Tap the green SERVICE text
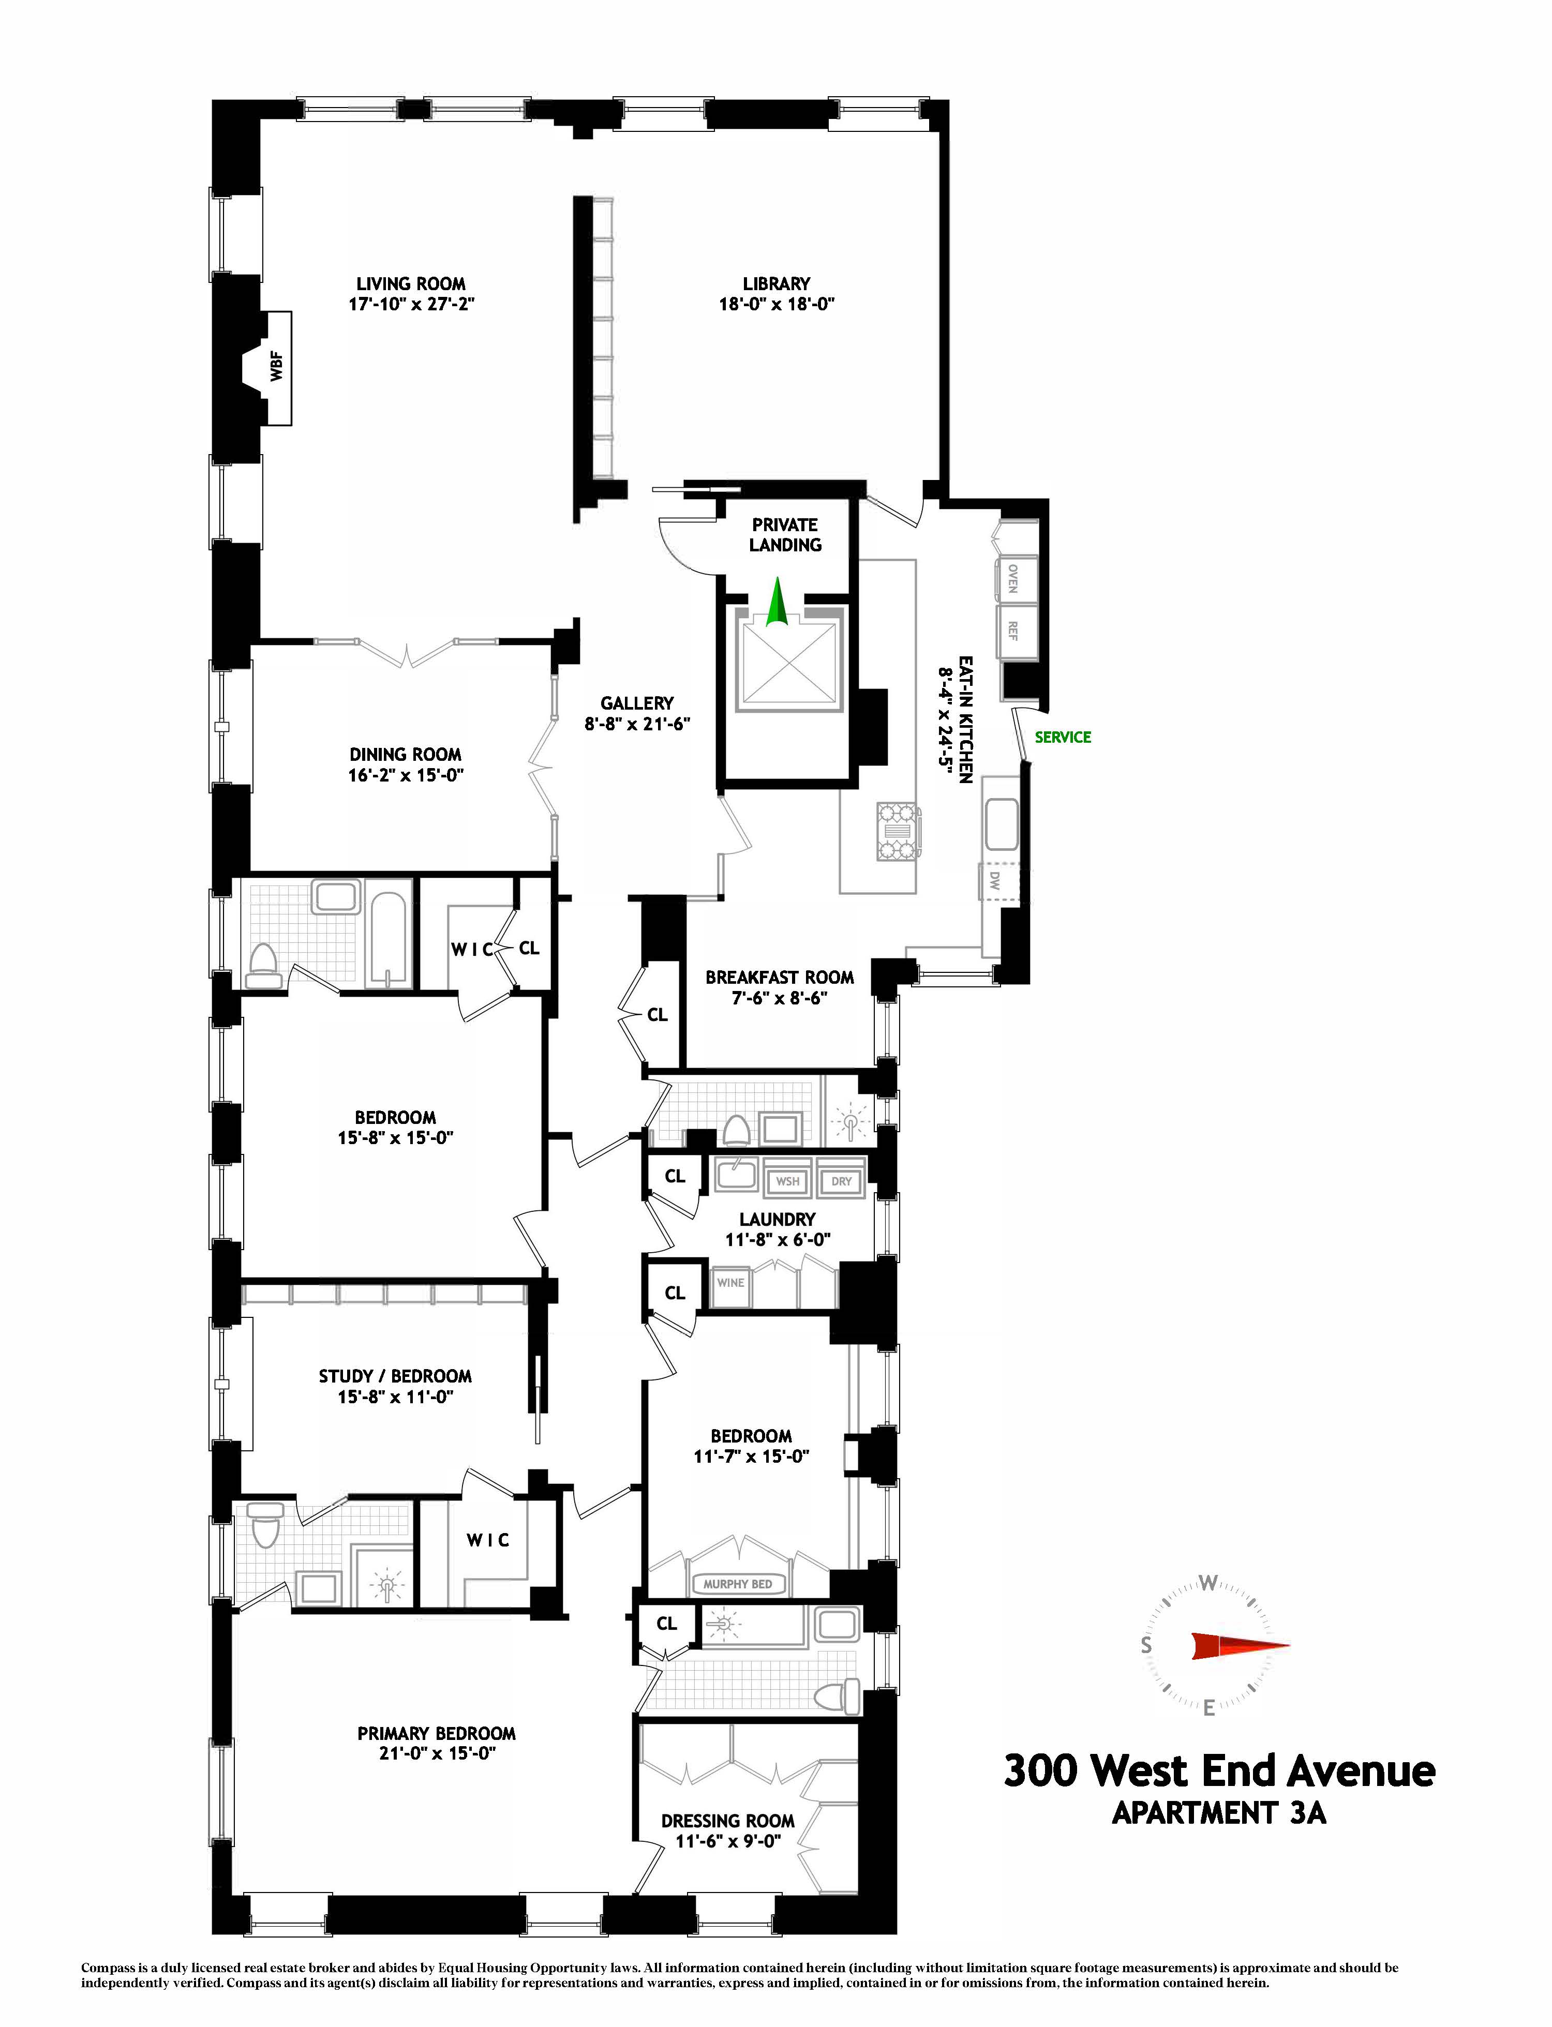[1063, 737]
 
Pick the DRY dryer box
[841, 1181]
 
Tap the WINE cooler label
[730, 1283]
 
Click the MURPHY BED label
[737, 1584]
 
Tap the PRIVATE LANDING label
[784, 535]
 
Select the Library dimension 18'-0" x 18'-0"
[776, 304]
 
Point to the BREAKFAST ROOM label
[779, 977]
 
